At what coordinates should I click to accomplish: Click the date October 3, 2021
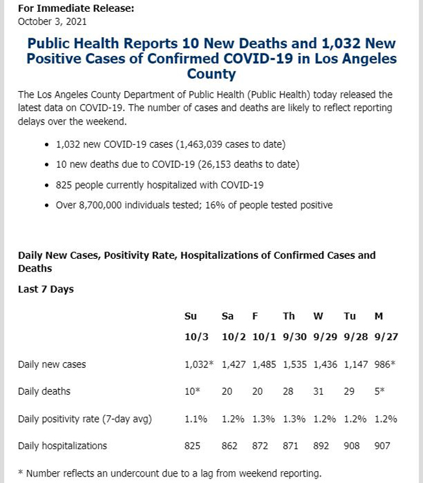52,21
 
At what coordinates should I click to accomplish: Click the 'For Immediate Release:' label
76,8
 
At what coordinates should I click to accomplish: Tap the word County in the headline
211,74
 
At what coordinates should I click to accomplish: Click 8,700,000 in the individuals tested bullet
100,205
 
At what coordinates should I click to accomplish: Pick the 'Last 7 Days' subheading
46,289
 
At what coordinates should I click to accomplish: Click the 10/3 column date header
197,337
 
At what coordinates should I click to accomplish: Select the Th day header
289,316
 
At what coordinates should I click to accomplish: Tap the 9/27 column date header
386,337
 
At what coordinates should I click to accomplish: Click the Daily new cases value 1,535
295,365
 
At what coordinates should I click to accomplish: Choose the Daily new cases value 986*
385,365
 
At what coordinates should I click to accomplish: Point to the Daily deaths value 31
318,391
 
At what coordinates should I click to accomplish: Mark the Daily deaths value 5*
379,391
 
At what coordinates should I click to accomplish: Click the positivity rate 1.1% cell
196,419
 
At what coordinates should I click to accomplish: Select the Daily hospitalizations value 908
351,446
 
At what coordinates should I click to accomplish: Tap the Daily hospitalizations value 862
229,446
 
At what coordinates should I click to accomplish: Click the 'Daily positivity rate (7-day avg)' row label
85,419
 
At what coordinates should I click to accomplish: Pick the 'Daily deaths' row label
44,391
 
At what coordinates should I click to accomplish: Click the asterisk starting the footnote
21,472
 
